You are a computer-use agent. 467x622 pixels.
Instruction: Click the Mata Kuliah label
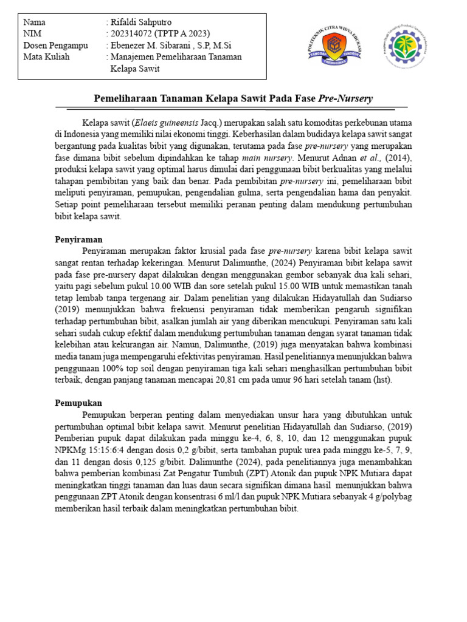point(47,57)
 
